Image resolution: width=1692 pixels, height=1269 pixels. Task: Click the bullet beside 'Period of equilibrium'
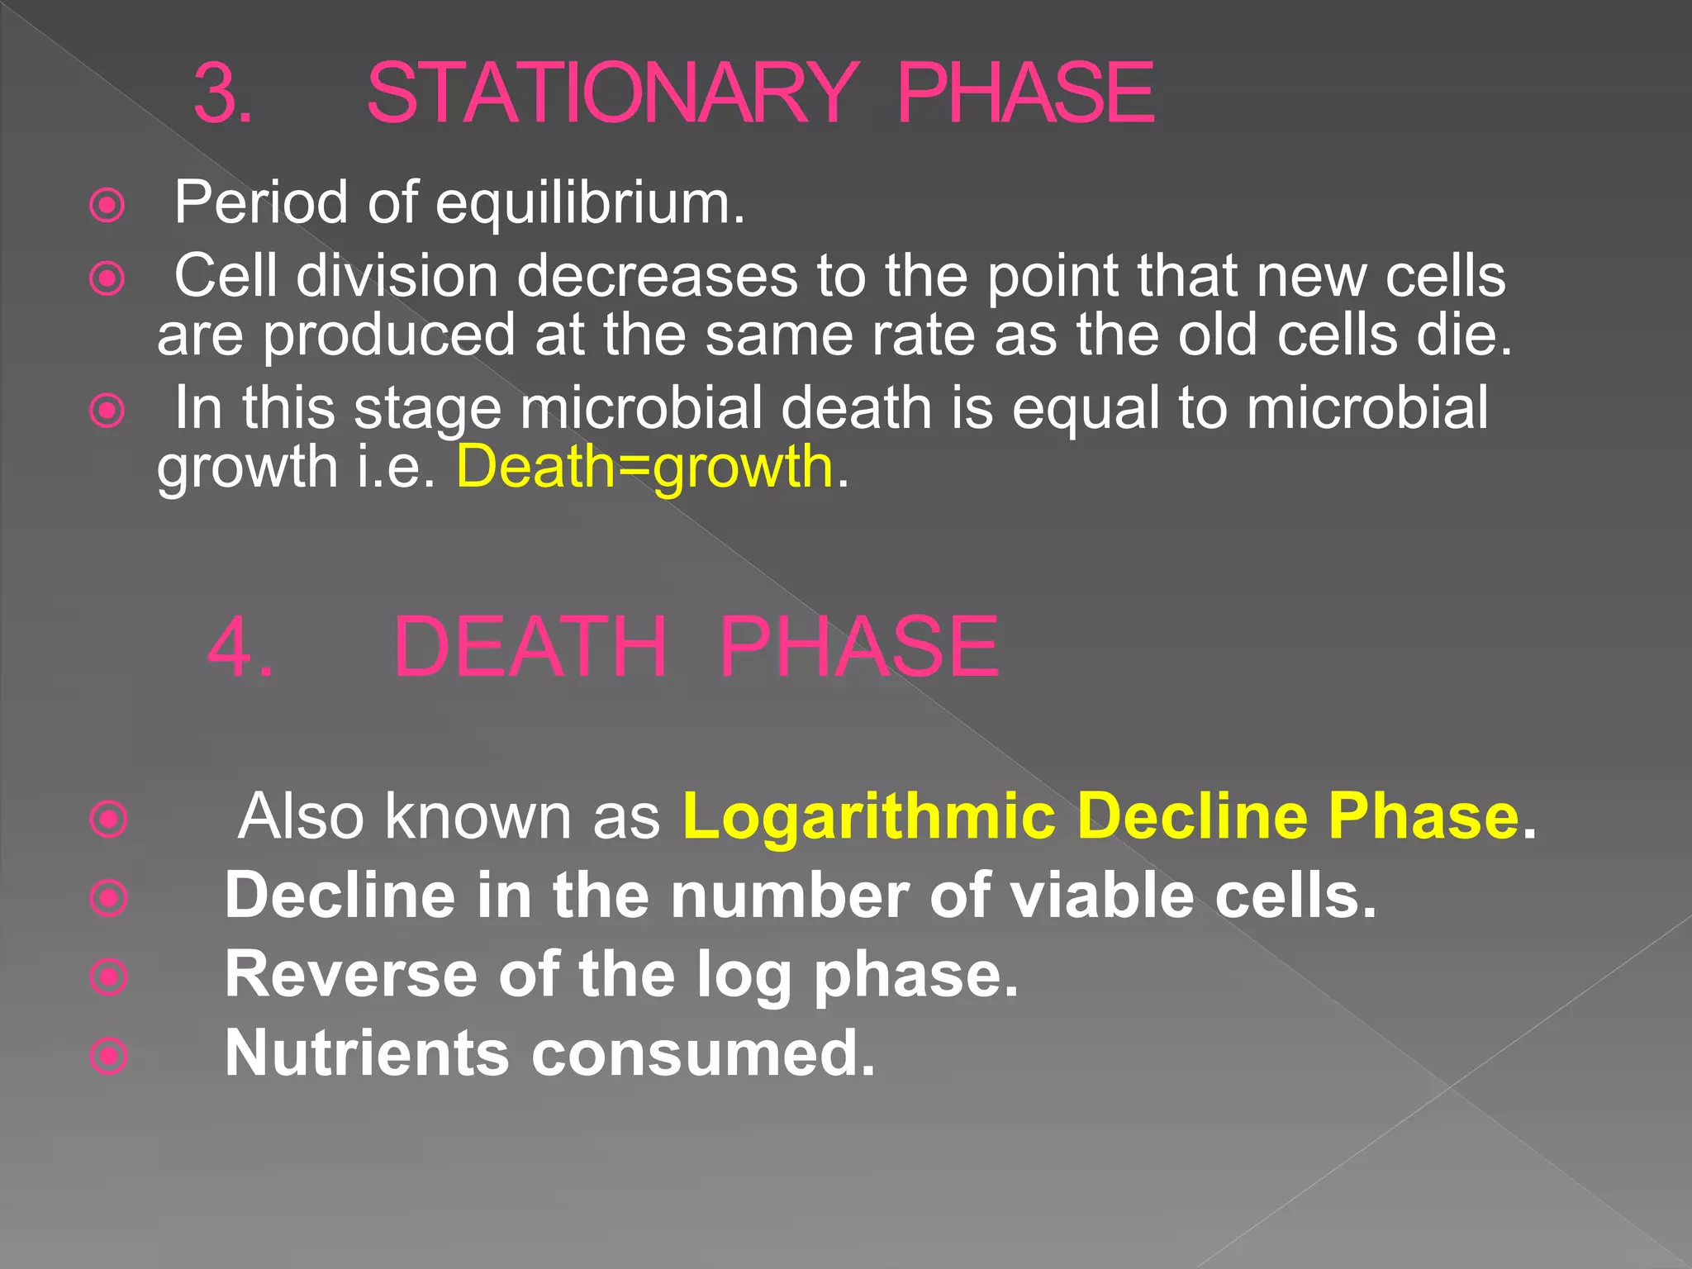point(107,206)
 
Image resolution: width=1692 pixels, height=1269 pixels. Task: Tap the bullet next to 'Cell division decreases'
point(107,278)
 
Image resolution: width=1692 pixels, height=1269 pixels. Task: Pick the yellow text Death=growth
point(645,467)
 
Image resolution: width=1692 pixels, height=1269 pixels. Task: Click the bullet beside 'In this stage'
point(107,411)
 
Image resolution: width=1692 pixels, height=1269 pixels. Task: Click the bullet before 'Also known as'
point(109,820)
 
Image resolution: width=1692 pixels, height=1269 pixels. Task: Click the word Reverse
point(351,975)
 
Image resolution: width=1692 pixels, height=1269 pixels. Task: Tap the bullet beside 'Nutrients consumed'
point(109,1056)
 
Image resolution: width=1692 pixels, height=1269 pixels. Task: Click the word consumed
point(702,1053)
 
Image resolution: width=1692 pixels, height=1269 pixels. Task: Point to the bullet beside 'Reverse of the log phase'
point(109,977)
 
